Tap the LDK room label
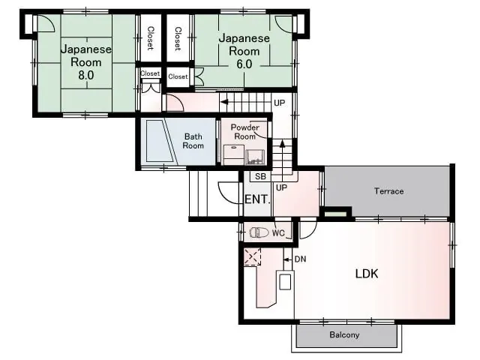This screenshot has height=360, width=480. point(367,273)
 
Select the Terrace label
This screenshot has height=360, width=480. point(388,191)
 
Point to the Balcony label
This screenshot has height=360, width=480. point(344,334)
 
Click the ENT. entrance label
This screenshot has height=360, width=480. point(257,199)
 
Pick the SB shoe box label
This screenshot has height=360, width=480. point(260,176)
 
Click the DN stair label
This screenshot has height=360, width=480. point(300,259)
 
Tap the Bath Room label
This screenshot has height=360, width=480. point(193,141)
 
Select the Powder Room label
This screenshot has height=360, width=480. point(245,132)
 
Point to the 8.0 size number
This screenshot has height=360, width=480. point(86,75)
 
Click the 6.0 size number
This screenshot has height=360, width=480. point(244,64)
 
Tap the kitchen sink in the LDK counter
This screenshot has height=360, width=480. point(285,282)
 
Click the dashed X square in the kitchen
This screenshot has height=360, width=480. point(252,256)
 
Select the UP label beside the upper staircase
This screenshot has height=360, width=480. point(279,103)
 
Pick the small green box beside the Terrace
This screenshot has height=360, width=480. point(335,214)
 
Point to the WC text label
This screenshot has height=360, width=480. point(278,233)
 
